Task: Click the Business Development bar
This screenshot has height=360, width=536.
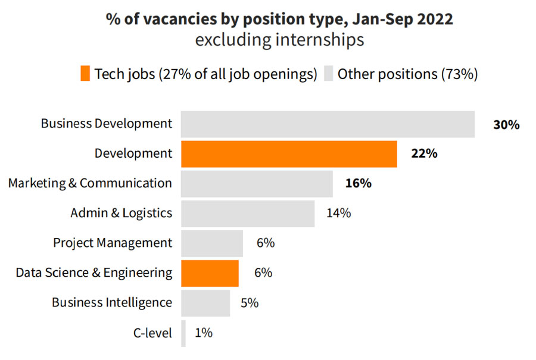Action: [328, 124]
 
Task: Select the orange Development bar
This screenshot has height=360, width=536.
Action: [289, 154]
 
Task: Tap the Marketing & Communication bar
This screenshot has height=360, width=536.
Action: [257, 184]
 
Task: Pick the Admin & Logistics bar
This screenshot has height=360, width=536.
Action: [248, 214]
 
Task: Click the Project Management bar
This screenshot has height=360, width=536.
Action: [212, 243]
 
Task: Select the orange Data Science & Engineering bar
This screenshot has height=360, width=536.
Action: [210, 273]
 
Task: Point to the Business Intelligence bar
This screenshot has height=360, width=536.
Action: [205, 303]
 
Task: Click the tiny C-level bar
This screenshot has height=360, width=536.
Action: [183, 333]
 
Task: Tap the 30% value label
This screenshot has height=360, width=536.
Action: [506, 124]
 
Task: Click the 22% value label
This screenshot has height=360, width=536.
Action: [424, 154]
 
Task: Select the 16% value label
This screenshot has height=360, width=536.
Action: [359, 183]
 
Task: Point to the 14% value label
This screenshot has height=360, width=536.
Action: [338, 213]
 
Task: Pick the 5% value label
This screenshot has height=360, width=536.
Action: [250, 302]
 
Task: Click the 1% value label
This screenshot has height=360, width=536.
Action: [204, 333]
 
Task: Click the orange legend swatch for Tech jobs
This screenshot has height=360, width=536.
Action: [85, 74]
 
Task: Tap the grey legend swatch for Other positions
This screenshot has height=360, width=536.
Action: [328, 74]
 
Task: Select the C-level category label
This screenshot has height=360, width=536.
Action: [152, 333]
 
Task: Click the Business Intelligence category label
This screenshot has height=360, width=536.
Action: [112, 302]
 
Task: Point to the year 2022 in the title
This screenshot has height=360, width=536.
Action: [434, 19]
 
